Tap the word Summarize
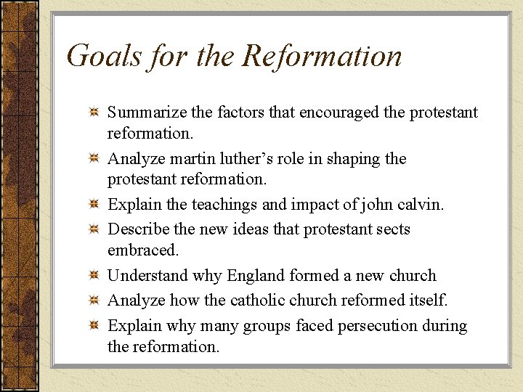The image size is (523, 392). pyautogui.click(x=148, y=113)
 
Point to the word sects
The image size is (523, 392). pyautogui.click(x=389, y=229)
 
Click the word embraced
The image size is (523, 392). pyautogui.click(x=141, y=250)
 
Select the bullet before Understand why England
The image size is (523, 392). pyautogui.click(x=93, y=277)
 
